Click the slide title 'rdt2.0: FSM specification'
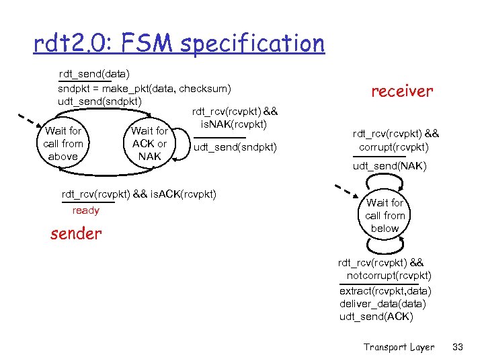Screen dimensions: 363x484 (179, 44)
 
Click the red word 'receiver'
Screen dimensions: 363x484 (403, 91)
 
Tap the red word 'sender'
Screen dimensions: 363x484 (76, 233)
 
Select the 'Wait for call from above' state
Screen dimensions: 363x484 (63, 144)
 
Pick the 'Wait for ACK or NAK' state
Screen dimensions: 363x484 (149, 144)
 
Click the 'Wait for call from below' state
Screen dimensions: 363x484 (385, 215)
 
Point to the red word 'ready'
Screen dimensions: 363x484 (85, 210)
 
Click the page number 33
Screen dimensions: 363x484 (459, 347)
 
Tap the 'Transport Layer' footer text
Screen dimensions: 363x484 (399, 347)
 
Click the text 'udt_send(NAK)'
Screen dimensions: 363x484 (389, 166)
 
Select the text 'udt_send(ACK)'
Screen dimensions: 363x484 (376, 317)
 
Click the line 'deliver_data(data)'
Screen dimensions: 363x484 (382, 304)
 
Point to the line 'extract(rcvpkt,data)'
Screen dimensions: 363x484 (385, 291)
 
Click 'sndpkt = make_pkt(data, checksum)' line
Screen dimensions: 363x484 (145, 88)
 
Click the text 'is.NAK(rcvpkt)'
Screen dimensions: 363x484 (234, 124)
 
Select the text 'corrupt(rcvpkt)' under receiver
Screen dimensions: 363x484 (394, 147)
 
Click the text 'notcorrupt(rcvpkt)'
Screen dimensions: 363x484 (389, 276)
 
